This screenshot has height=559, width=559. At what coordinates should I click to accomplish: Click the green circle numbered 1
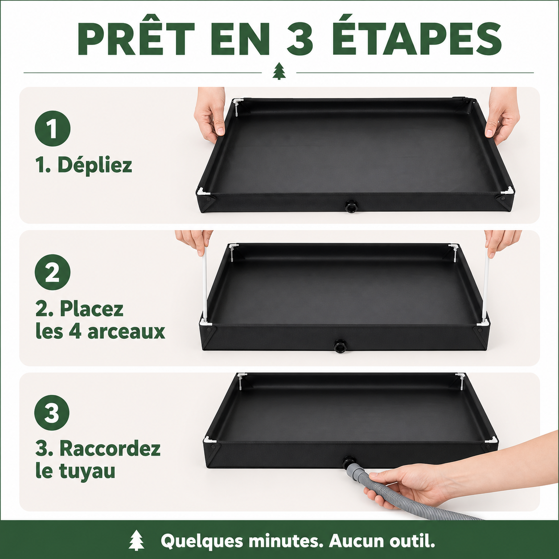tap(53, 128)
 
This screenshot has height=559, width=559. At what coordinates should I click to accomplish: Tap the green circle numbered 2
tap(53, 272)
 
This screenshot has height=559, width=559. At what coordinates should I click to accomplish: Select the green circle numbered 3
tap(52, 413)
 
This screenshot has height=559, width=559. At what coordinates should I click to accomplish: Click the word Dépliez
tap(95, 165)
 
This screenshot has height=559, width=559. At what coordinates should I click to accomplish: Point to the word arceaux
tap(126, 332)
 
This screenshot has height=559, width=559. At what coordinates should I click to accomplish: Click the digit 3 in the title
tap(300, 40)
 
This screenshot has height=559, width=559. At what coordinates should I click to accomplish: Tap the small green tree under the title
tap(279, 71)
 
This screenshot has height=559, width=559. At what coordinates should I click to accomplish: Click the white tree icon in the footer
tap(136, 540)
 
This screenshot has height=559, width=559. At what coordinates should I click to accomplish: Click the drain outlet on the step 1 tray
tap(351, 207)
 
